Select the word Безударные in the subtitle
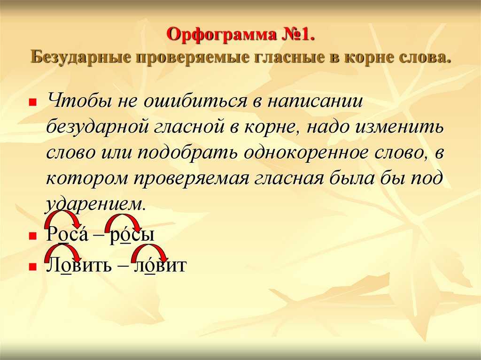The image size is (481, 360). pos(80,57)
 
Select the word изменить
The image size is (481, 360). pos(398,127)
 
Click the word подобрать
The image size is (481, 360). pos(187,153)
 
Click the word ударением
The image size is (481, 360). pos(95,204)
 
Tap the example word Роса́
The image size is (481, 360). pos(67,234)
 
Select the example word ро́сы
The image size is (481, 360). pos(132,234)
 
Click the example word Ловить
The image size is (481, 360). pos(79,265)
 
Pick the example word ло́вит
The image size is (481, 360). pos(160,265)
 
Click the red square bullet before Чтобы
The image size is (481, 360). pos(32,101)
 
